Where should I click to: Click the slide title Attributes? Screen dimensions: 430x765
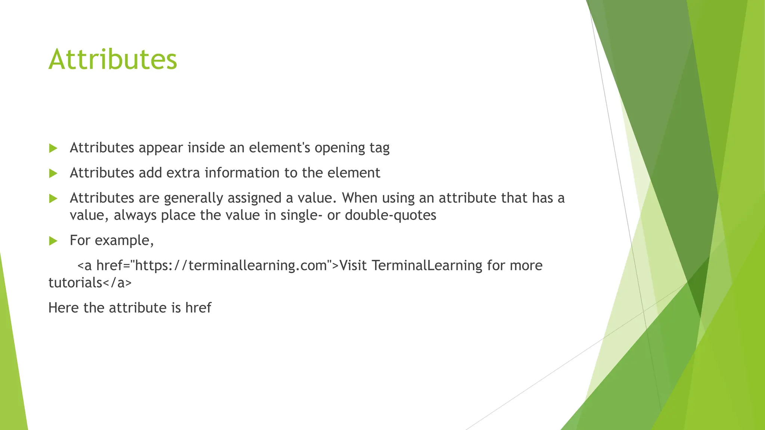coord(112,59)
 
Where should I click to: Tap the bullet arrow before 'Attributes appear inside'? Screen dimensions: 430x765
coord(53,148)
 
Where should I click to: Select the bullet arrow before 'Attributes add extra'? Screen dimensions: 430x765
coord(53,173)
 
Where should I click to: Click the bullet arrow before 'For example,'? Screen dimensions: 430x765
coord(53,241)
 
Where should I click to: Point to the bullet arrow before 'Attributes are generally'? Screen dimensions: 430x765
coord(53,198)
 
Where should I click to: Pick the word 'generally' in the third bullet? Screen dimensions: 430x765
coord(193,198)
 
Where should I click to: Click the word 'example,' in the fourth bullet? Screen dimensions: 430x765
coord(124,241)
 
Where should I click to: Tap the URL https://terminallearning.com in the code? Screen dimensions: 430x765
coord(230,265)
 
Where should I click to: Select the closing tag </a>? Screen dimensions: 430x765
coord(117,283)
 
